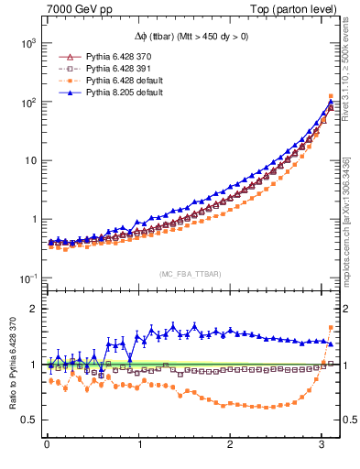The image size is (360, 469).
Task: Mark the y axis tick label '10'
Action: coord(27,160)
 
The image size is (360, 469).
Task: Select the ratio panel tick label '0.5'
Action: coord(27,420)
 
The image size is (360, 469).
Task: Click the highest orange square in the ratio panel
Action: coord(331,328)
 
